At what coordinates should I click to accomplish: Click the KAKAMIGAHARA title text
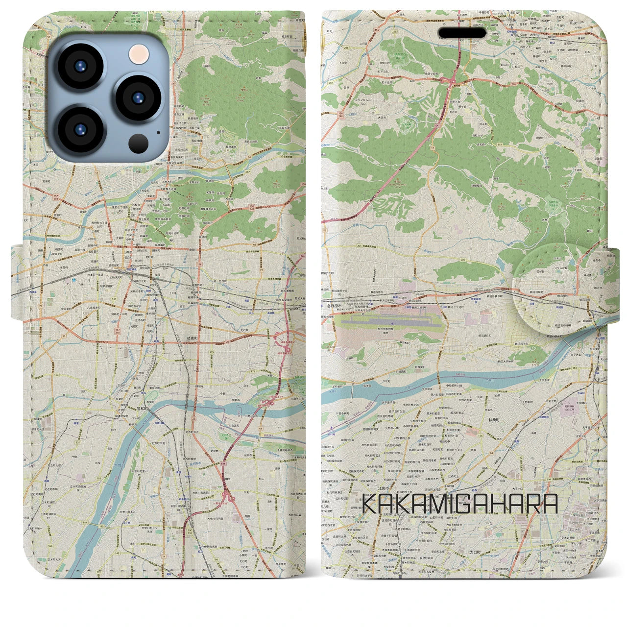pos(459,504)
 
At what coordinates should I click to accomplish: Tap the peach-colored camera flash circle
pos(139,52)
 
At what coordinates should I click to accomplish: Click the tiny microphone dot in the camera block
pos(158,132)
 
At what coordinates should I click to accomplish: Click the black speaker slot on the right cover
pos(462,33)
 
